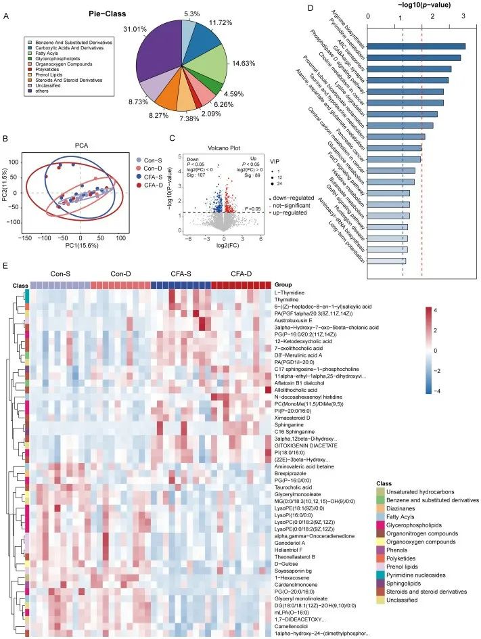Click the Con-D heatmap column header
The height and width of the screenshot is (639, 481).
point(119,274)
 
